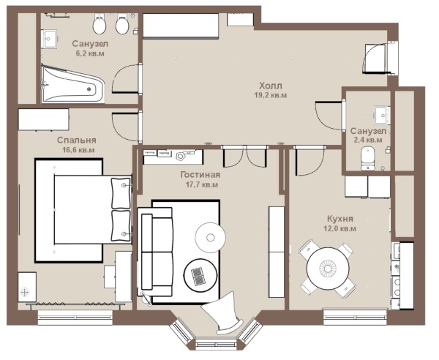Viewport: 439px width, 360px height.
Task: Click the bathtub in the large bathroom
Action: click(x=73, y=84)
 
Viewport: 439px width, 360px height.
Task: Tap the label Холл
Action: click(x=271, y=86)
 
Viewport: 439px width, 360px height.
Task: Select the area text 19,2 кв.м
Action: click(x=271, y=95)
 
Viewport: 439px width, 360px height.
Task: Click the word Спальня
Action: click(x=76, y=140)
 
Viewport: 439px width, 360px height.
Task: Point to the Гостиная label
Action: click(x=200, y=175)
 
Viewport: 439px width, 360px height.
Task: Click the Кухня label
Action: click(x=340, y=218)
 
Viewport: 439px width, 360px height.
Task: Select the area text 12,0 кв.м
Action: click(x=340, y=228)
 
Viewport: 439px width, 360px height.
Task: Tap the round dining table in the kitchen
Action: click(x=328, y=269)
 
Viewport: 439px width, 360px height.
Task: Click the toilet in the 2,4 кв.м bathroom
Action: click(x=368, y=159)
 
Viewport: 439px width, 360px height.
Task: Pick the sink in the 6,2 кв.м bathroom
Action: click(x=50, y=39)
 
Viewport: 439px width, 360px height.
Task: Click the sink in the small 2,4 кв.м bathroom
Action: click(x=382, y=115)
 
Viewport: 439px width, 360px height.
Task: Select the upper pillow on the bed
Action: click(x=121, y=193)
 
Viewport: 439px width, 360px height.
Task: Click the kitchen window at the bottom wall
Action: click(x=356, y=317)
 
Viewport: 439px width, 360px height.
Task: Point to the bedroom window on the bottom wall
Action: click(x=75, y=318)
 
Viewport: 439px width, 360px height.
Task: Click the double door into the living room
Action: click(x=244, y=157)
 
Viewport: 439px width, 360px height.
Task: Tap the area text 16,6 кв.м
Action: click(x=78, y=150)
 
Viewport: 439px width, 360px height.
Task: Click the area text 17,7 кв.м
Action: click(x=202, y=185)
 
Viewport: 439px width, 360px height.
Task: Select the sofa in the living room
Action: click(x=155, y=252)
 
